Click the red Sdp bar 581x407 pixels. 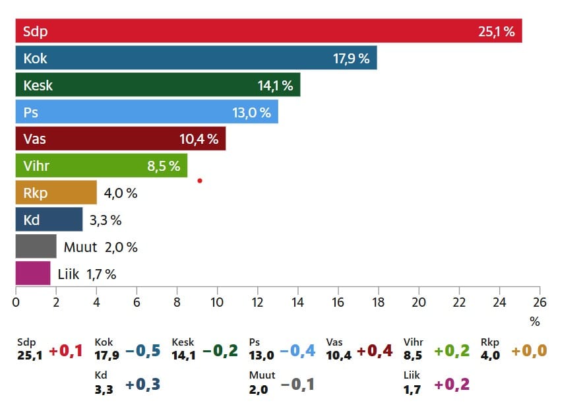[264, 31]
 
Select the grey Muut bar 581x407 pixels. [36, 247]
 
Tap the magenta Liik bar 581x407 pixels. [33, 274]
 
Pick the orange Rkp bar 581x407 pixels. [56, 193]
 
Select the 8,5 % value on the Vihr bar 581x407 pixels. [164, 166]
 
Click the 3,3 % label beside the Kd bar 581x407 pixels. [106, 220]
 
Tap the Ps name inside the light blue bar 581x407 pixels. [31, 112]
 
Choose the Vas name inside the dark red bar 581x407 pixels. [35, 139]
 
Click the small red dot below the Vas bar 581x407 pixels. [199, 180]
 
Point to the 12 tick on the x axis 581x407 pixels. [257, 302]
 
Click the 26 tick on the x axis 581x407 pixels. [539, 302]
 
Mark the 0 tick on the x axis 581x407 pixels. [16, 302]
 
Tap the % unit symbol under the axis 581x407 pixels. [535, 323]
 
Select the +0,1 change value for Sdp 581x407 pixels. [66, 350]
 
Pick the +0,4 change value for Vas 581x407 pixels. [375, 350]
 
